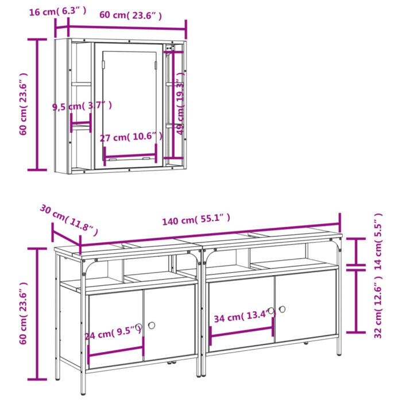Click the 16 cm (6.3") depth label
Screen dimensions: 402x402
tap(58, 10)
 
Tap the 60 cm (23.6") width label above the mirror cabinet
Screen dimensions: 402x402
tap(131, 15)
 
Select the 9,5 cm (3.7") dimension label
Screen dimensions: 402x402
tap(82, 106)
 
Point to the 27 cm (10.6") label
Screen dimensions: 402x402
tap(131, 137)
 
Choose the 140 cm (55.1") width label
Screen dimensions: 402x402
tap(196, 219)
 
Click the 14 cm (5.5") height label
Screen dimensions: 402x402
tap(378, 235)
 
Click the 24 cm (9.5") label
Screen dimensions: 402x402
tap(113, 331)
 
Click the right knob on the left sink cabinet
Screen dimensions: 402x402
tap(152, 326)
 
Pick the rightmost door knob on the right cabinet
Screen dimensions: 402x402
tap(282, 309)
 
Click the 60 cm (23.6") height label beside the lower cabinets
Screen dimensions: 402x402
tap(23, 313)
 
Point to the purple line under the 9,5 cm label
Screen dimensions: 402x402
tap(80, 123)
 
